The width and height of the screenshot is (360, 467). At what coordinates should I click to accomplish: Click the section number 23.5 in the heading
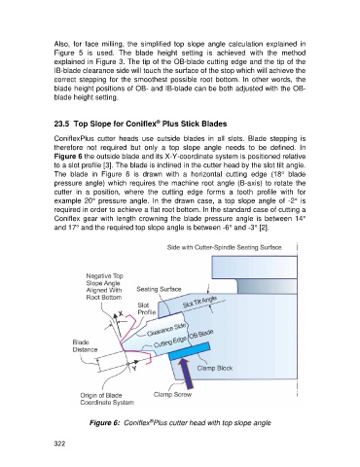pos(61,124)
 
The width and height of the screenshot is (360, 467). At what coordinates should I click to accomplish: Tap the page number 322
pos(59,444)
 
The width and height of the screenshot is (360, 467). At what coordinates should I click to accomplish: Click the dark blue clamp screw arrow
pos(187,372)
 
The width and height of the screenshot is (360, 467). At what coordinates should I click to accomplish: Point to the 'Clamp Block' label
pos(215,368)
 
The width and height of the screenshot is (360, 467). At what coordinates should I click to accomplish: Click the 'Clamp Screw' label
pos(172,395)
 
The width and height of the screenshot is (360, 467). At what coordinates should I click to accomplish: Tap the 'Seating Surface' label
pos(159,289)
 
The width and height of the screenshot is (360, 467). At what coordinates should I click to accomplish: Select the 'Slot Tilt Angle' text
pos(199,302)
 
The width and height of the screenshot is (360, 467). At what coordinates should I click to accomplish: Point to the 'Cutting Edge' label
pos(170,341)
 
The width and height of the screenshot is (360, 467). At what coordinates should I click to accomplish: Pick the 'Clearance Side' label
pos(166,329)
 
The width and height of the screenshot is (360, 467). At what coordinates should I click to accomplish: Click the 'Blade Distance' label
pos(85,346)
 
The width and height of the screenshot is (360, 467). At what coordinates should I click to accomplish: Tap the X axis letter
pos(121,313)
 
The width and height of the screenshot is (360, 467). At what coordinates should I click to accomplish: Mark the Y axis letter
pos(134,369)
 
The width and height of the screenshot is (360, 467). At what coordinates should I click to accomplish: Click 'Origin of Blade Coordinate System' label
pos(107,399)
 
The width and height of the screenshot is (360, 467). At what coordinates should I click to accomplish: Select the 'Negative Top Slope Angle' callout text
pos(104,287)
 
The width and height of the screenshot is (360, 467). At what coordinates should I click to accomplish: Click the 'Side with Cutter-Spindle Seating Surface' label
pos(225,247)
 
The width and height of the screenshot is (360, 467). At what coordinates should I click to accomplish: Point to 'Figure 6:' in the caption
pos(105,423)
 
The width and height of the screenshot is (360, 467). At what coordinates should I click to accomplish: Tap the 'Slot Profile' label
pos(147,308)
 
